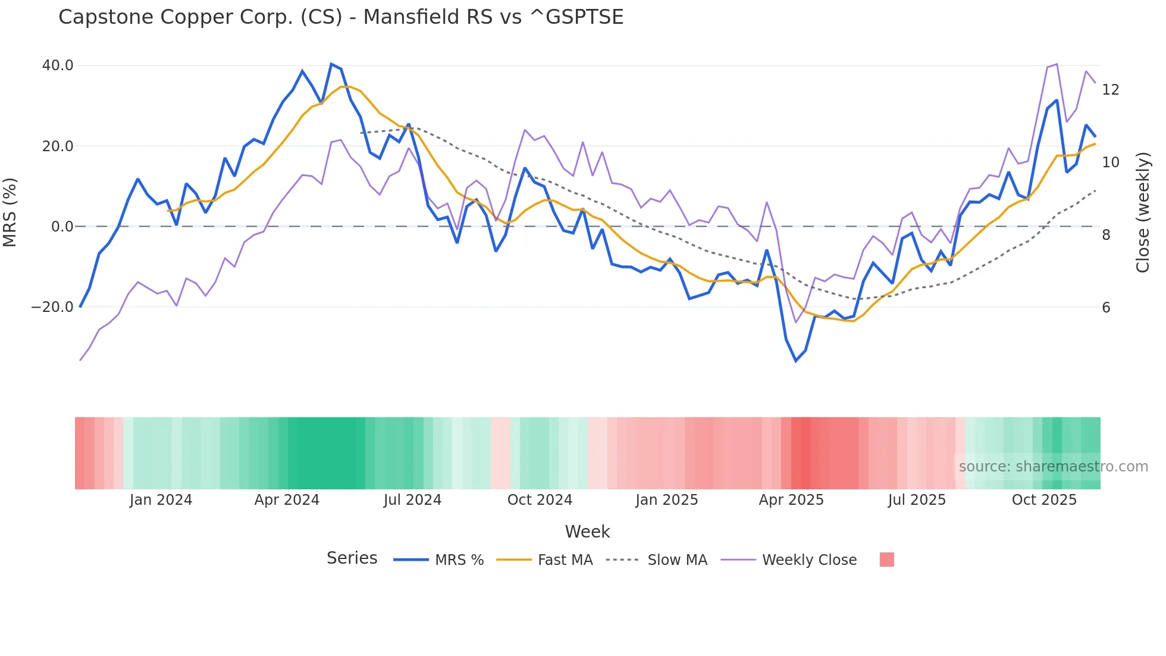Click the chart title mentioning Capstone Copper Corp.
pyautogui.click(x=341, y=17)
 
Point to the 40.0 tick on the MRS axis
pyautogui.click(x=58, y=65)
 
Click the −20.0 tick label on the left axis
pyautogui.click(x=52, y=307)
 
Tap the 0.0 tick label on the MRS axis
pyautogui.click(x=62, y=227)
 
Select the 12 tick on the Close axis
pyautogui.click(x=1110, y=90)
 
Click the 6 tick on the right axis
pyautogui.click(x=1106, y=308)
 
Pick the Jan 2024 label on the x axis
pyautogui.click(x=161, y=500)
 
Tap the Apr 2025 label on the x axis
pyautogui.click(x=791, y=500)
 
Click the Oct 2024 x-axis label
pyautogui.click(x=540, y=500)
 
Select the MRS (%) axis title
pyautogui.click(x=10, y=212)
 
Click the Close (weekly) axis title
pyautogui.click(x=1142, y=213)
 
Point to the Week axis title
pyautogui.click(x=587, y=532)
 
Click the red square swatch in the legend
pyautogui.click(x=886, y=560)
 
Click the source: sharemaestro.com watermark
pyautogui.click(x=1053, y=467)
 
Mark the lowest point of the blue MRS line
pyautogui.click(x=795, y=361)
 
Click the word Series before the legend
pyautogui.click(x=352, y=558)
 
